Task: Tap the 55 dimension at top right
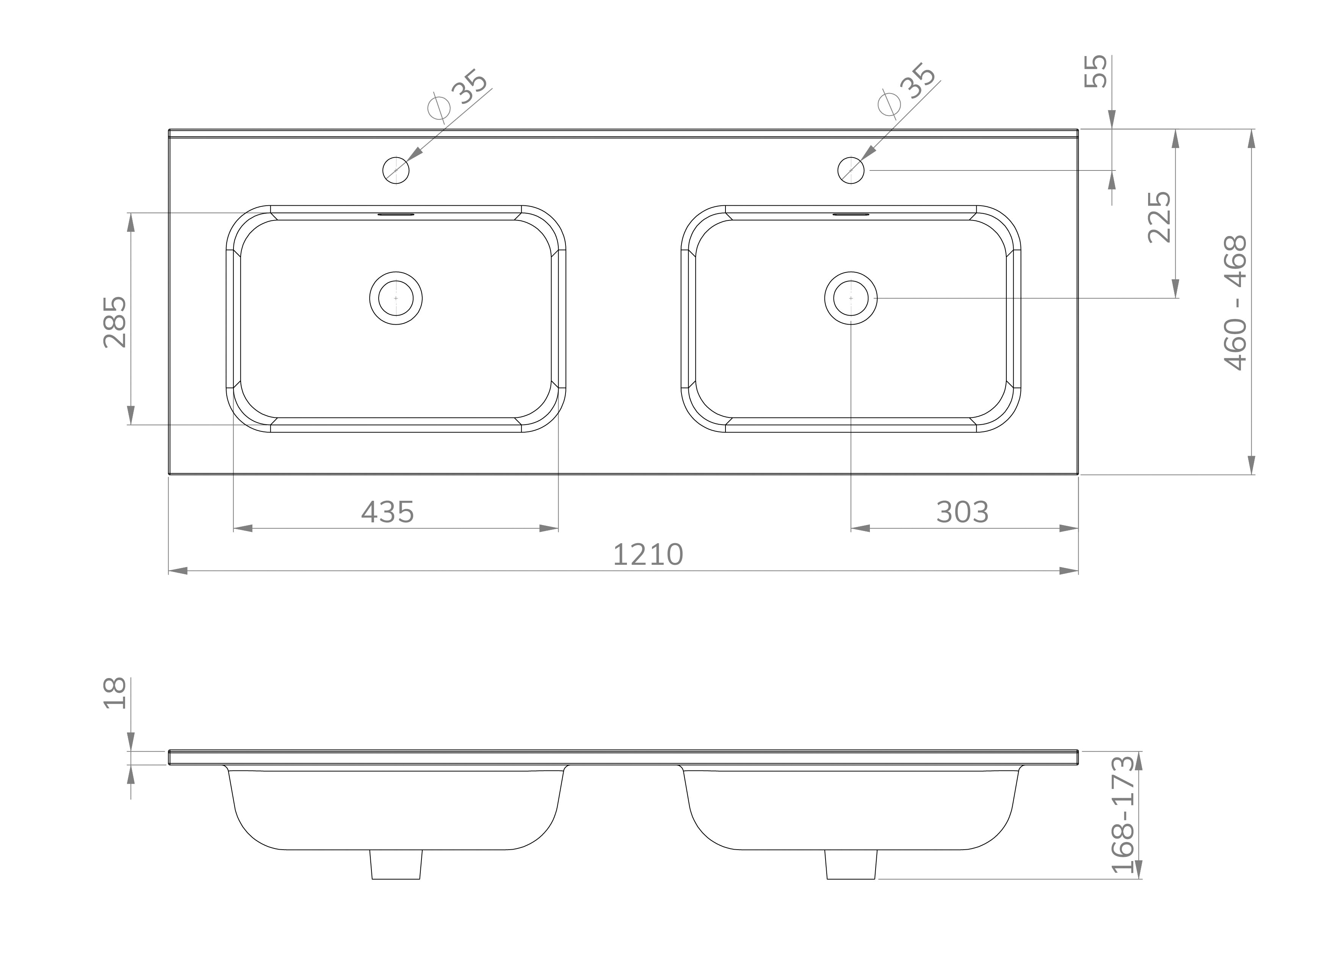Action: tap(1096, 71)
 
